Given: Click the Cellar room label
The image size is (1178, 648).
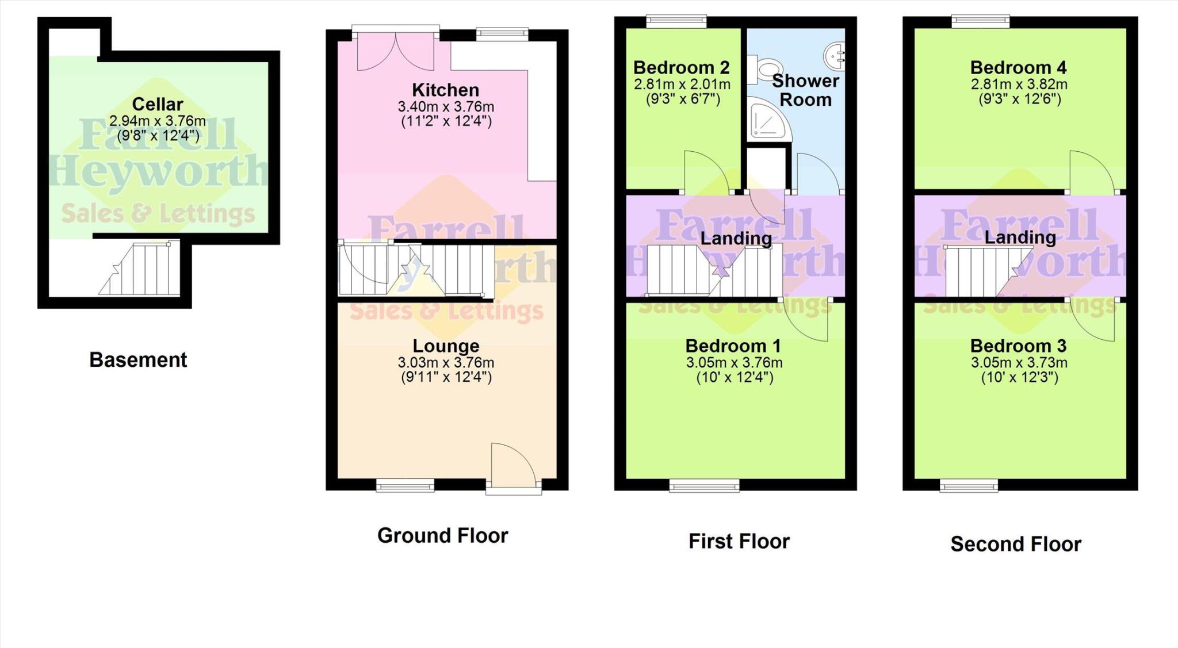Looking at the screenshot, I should coord(157,104).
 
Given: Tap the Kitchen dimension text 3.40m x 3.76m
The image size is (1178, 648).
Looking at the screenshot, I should coord(446,107).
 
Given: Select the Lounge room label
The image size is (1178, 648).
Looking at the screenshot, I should coord(446,346).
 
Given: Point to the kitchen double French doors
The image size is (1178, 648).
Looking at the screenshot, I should coord(396,51).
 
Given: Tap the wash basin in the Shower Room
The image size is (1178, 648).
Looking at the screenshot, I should coord(835,56).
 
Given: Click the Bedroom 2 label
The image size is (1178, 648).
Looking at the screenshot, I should coord(681,67).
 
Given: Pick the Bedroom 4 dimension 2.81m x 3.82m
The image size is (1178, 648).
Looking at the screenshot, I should coord(1019,85).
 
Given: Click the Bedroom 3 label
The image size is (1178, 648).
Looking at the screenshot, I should coord(1018,346).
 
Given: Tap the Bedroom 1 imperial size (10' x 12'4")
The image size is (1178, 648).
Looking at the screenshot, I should coord(735,378).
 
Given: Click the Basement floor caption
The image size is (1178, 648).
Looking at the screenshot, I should coord(138,360).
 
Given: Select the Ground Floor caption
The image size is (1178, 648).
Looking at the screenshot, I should coord(442,535).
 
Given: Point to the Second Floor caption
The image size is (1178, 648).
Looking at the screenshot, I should coord(1015,544).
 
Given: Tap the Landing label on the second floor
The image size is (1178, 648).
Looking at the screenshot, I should coord(1020,237).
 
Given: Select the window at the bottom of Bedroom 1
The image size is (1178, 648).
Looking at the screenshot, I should coord(704,486).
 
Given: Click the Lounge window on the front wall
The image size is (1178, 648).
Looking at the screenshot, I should coord(405,486).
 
